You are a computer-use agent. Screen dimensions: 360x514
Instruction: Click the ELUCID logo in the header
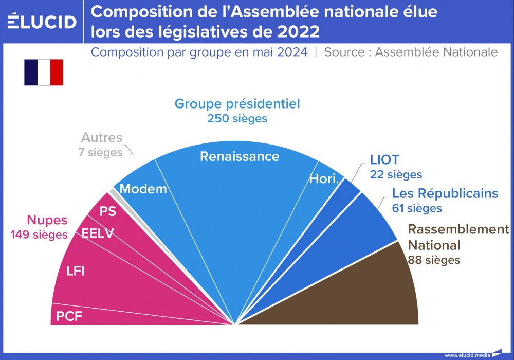pos(42,22)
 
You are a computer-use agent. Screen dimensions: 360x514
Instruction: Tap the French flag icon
pos(44,73)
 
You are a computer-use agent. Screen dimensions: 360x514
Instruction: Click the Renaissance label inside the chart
pos(240,156)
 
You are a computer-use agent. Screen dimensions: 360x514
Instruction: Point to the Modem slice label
pos(143,189)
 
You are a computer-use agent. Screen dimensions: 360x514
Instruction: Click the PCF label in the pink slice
pos(69,316)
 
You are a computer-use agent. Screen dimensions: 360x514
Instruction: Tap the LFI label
pos(76,271)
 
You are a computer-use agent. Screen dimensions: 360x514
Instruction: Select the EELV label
pos(98,234)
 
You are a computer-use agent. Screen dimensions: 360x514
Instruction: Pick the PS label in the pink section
pos(107,211)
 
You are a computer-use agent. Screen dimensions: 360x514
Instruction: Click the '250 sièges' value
pos(237,118)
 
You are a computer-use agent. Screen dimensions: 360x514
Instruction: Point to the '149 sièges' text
pos(39,235)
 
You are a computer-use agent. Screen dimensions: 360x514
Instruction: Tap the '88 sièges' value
pos(434,260)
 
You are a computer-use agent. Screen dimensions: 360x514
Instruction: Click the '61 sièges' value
pos(417,208)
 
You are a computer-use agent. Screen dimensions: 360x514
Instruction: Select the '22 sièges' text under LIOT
pos(396,175)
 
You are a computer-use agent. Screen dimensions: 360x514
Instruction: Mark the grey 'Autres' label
pos(102,138)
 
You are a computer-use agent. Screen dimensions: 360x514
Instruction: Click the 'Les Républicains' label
pos(445,193)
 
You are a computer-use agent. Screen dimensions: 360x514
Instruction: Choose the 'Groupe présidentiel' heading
pos(237,104)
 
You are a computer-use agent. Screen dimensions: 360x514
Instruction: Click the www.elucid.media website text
pos(467,355)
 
